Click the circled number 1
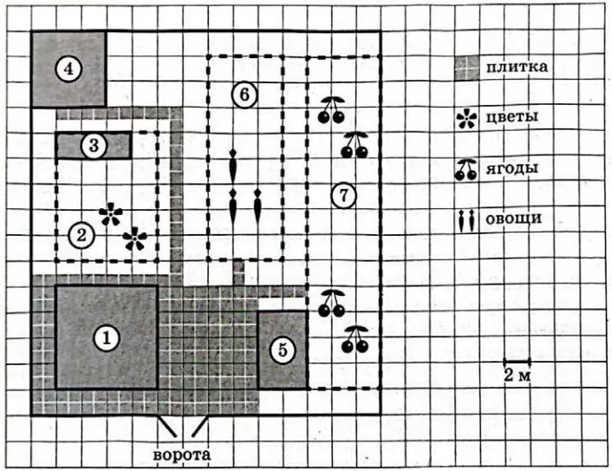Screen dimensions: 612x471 click(107, 337)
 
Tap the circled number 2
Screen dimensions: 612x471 click(81, 235)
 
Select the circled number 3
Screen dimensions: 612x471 click(94, 146)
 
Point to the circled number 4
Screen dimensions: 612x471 click(68, 69)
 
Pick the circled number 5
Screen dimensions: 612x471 click(283, 350)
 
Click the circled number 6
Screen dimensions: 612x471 click(244, 95)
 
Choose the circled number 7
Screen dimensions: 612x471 click(343, 195)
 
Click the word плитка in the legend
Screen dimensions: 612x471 click(517, 67)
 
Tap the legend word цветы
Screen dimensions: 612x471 click(511, 116)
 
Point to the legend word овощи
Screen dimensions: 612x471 click(514, 218)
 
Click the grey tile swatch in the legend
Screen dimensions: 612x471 click(467, 68)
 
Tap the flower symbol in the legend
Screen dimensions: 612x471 click(466, 119)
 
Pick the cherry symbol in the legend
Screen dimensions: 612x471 click(466, 170)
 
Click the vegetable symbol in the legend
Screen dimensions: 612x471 click(466, 220)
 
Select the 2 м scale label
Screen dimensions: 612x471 click(518, 376)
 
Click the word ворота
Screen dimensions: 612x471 click(182, 455)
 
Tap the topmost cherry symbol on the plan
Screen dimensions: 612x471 click(332, 110)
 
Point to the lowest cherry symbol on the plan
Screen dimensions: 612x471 click(355, 339)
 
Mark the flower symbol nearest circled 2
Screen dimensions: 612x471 click(111, 214)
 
